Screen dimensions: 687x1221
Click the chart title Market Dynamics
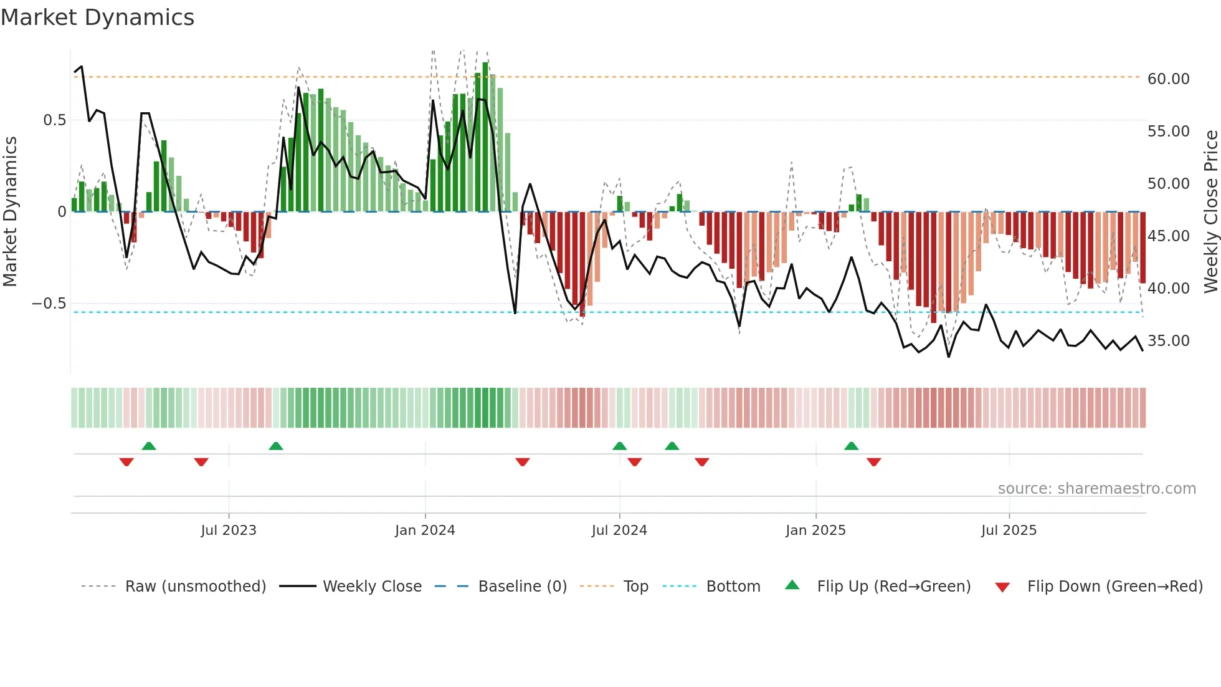click(x=97, y=17)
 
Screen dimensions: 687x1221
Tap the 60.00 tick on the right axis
click(x=1168, y=79)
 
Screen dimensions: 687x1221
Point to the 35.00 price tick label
click(x=1168, y=341)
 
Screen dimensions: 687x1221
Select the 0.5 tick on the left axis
click(x=54, y=120)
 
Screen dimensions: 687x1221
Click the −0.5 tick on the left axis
click(x=49, y=304)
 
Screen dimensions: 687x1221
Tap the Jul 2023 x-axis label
click(x=229, y=531)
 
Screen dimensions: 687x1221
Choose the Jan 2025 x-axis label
click(x=815, y=531)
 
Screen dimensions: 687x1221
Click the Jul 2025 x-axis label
click(x=1009, y=531)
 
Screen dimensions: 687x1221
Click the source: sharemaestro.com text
click(x=1096, y=489)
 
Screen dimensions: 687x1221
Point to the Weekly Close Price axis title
click(x=1210, y=212)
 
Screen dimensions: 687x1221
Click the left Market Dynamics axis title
click(x=10, y=212)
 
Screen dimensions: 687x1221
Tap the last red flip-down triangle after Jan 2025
click(x=873, y=462)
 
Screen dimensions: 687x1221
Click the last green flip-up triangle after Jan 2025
click(x=851, y=446)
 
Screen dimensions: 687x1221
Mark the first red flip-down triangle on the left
click(x=126, y=462)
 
